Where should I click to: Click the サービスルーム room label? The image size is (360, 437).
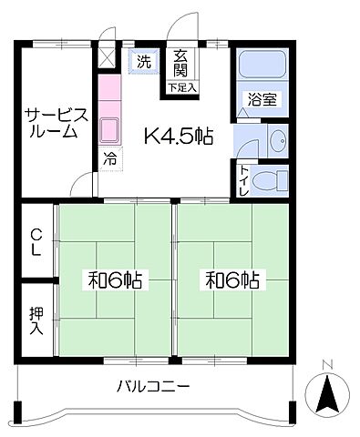coord(56,122)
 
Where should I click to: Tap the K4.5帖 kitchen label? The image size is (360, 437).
coord(180,137)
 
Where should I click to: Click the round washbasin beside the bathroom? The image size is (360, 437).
coord(277,140)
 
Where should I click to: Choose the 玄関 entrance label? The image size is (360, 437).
coord(180,63)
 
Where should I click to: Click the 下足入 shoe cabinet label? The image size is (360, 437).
coord(180,87)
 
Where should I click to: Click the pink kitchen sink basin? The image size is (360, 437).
coord(109,130)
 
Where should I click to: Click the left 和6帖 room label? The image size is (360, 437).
coord(115,280)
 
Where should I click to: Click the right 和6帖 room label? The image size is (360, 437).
coord(231,280)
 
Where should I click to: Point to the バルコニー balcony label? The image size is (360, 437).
coord(153,386)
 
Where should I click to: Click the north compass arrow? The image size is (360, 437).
coord(327,397)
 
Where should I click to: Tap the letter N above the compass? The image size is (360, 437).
coord(329,368)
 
